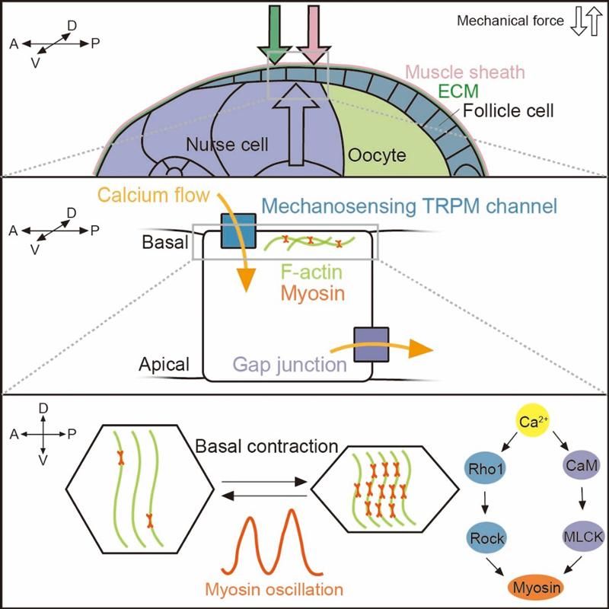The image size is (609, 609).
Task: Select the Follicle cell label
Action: point(509,111)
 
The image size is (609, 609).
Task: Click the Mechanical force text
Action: point(510,21)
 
